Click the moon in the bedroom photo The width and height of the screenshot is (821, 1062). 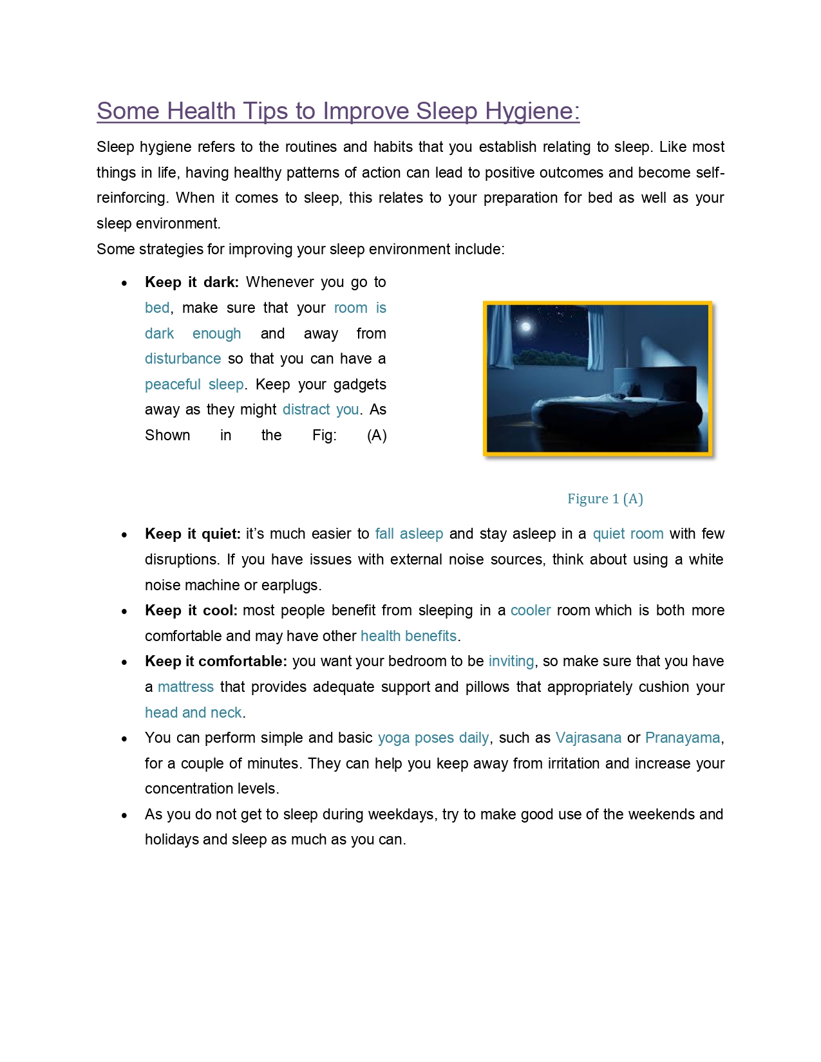point(526,327)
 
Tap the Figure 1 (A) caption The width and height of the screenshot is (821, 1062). point(605,499)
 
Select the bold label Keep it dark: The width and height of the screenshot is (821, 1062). point(191,283)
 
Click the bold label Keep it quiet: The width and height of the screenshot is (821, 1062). point(193,534)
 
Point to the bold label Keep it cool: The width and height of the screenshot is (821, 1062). point(191,611)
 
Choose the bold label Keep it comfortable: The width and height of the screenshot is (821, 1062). point(216,662)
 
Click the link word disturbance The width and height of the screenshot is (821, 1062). point(183,359)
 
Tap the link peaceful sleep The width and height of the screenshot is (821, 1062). point(194,385)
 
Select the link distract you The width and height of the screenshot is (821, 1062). point(321,410)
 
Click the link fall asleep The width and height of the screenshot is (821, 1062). point(409,534)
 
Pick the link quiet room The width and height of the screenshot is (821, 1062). point(628,534)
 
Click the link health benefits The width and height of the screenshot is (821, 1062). point(408,637)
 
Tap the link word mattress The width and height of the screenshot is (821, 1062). point(185,687)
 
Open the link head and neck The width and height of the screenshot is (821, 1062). point(193,713)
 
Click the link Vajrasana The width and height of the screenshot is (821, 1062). point(589,738)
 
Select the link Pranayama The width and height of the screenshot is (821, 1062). point(683,738)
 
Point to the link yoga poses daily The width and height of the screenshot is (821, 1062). point(433,738)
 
